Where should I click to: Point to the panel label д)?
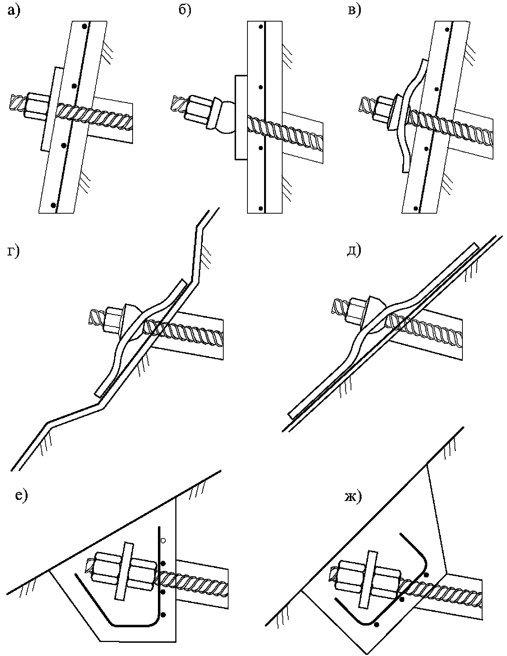pos(354,251)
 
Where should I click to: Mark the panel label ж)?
pos(353,496)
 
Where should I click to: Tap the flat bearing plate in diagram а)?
pos(51,109)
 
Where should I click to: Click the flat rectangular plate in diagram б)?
pos(241,117)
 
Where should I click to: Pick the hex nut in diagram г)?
pos(114,319)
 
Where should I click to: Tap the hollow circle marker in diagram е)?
pos(163,540)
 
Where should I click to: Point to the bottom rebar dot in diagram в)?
pos(416,208)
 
